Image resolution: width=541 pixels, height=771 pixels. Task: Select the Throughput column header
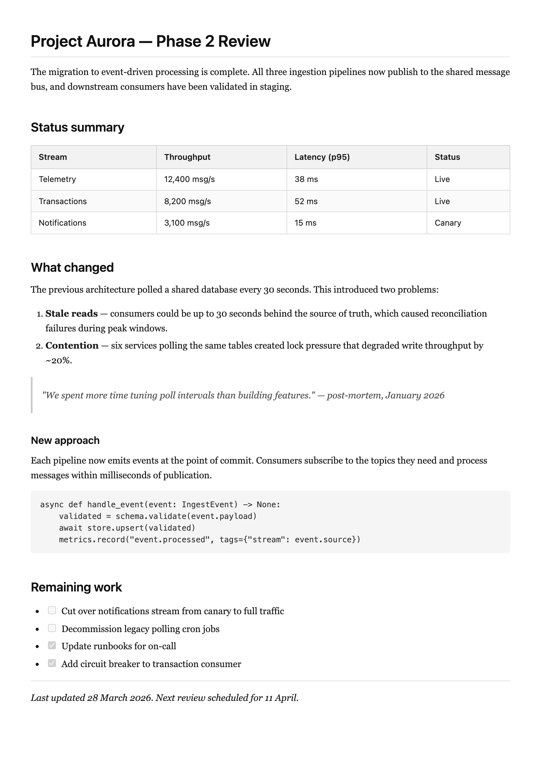point(187,157)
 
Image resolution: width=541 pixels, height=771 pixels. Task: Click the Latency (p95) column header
point(322,157)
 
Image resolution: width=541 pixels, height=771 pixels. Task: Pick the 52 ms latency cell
point(306,201)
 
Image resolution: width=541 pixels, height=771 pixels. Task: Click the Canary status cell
point(448,223)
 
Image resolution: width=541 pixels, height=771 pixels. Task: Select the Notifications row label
point(62,223)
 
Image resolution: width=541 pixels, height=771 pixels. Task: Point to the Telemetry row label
point(57,179)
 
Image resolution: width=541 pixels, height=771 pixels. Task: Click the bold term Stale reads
point(72,314)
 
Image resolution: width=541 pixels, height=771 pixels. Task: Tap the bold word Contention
point(72,346)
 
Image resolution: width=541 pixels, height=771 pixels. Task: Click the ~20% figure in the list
point(58,361)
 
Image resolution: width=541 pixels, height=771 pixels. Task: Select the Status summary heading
point(77,128)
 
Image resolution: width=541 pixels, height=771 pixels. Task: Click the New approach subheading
point(65,441)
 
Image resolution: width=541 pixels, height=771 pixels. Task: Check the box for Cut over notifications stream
point(52,610)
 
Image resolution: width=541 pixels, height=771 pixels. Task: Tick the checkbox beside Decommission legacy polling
point(52,628)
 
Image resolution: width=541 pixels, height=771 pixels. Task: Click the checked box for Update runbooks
point(52,645)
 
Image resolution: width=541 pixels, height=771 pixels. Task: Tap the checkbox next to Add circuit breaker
point(52,663)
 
